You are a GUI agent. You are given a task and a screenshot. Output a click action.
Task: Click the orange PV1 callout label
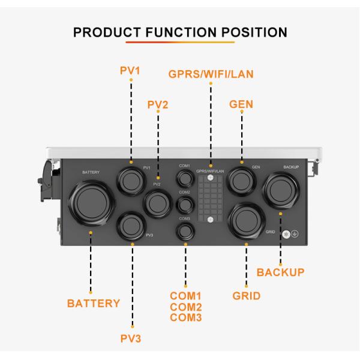tap(130, 71)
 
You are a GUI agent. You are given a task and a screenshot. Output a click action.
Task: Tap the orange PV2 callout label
tap(158, 104)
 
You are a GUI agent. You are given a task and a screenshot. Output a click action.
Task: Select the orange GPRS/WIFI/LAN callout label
tap(211, 74)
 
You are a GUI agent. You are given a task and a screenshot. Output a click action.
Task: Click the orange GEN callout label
tap(241, 104)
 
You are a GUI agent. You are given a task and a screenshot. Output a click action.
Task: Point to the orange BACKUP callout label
tap(280, 272)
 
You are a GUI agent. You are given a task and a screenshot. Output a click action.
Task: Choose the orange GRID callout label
tap(246, 296)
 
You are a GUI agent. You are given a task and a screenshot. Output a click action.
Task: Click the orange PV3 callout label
tap(130, 337)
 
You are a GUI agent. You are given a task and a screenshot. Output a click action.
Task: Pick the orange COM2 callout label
tap(185, 307)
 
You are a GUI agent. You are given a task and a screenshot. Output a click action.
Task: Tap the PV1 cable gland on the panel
tap(130, 179)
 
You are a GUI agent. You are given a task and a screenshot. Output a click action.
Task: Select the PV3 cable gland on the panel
tap(131, 226)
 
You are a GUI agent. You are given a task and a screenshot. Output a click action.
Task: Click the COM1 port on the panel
tap(185, 178)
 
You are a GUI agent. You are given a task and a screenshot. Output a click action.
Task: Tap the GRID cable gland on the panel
tap(247, 221)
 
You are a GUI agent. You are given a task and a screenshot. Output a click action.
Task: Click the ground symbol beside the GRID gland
tap(295, 233)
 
